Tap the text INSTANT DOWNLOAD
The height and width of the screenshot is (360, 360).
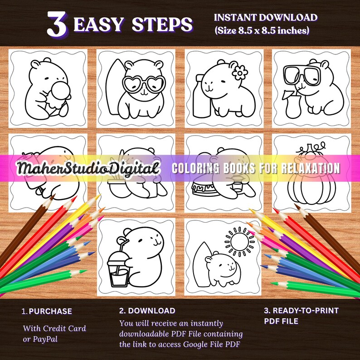265,18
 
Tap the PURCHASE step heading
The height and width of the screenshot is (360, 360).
50,311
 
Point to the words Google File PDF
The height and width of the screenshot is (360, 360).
214,344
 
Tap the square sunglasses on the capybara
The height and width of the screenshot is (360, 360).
301,74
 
